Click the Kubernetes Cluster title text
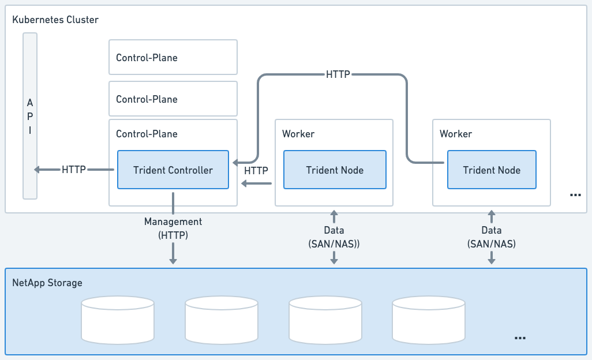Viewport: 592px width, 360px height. pos(55,20)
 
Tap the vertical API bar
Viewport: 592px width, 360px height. pos(30,115)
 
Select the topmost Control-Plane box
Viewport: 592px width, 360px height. pos(173,57)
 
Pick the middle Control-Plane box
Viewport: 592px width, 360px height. pos(173,99)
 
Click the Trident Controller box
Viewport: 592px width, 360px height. pos(173,170)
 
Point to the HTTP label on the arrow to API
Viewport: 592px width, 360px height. pos(74,170)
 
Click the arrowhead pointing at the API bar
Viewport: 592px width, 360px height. pos(38,170)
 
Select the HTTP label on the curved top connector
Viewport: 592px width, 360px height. pos(338,74)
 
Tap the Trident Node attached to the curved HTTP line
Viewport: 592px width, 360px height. pos(492,170)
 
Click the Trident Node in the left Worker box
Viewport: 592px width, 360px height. pos(335,170)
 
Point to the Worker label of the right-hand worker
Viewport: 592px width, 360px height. pos(456,134)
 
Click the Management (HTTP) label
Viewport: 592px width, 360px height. pos(173,228)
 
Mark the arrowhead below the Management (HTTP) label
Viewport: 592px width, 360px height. pos(173,261)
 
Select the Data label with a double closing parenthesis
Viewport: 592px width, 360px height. pos(334,237)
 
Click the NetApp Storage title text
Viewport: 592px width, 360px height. pos(47,283)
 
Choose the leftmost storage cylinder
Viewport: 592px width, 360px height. pos(118,320)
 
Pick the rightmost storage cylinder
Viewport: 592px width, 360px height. pos(429,320)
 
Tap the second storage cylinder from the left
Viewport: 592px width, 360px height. pos(222,320)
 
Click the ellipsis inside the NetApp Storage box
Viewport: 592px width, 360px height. pos(519,337)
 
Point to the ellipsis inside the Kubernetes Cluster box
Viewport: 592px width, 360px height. pos(575,196)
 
